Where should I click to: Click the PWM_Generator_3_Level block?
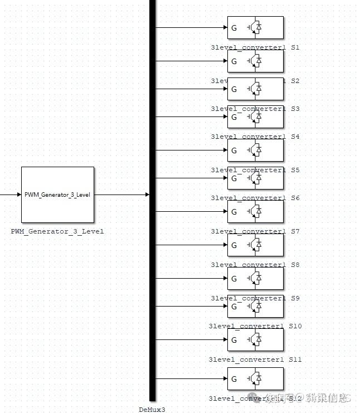click(57, 195)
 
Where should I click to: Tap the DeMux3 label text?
click(152, 409)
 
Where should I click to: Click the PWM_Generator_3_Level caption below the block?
click(57, 231)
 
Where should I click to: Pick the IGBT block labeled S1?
click(255, 28)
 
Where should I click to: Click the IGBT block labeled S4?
click(255, 117)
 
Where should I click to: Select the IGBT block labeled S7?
click(255, 212)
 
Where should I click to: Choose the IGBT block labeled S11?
click(255, 340)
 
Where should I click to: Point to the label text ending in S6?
click(255, 198)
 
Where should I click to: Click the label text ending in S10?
click(255, 326)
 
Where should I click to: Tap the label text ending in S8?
click(255, 265)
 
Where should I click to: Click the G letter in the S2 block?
click(234, 61)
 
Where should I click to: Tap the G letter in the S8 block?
click(234, 245)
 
